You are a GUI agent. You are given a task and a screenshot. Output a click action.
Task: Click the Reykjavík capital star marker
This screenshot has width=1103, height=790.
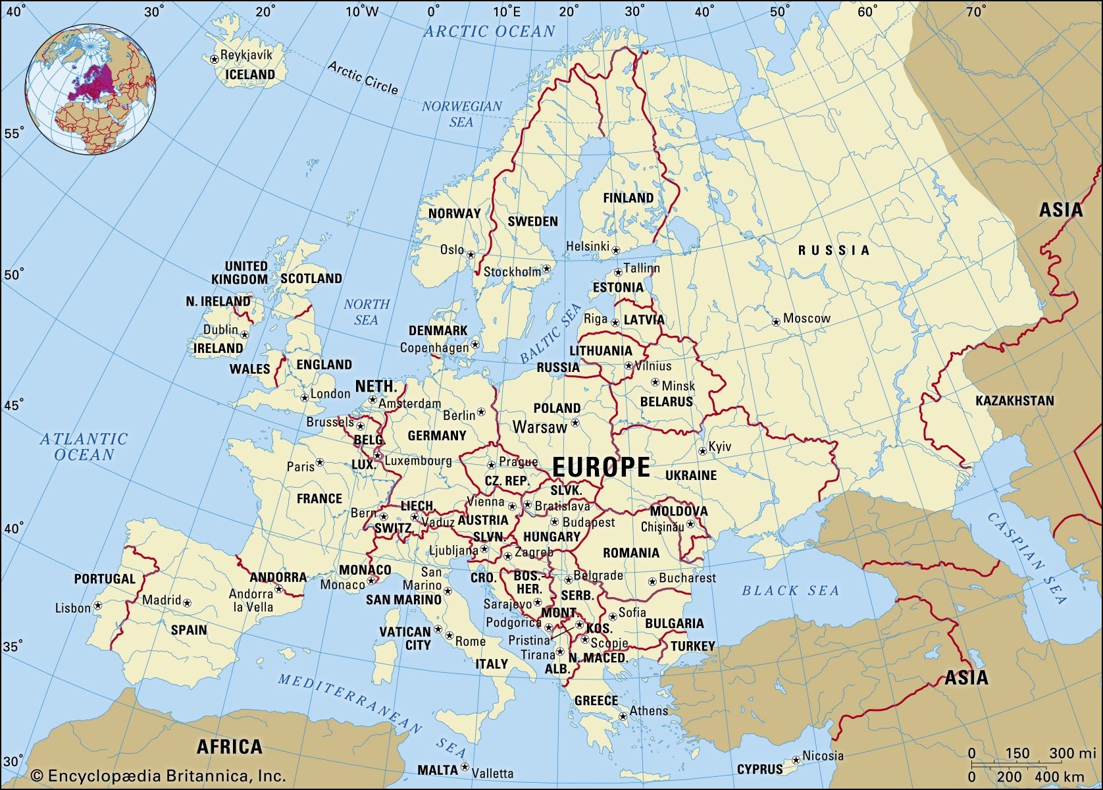[x=214, y=59]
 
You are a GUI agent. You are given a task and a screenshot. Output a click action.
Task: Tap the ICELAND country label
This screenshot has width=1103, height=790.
[x=250, y=74]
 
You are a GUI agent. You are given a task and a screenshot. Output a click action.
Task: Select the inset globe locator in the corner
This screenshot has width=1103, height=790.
[x=91, y=91]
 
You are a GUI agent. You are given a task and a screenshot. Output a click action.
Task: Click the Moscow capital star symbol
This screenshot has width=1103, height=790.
[x=777, y=322]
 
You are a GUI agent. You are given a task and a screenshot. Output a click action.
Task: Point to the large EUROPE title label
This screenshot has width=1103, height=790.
[x=601, y=467]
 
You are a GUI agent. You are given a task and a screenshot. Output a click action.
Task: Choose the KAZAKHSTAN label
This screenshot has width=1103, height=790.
[x=1014, y=400]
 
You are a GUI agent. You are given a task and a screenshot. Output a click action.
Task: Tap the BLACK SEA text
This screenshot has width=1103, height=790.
[x=790, y=591]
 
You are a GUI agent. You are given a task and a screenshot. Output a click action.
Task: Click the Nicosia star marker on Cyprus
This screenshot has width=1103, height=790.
[x=796, y=759]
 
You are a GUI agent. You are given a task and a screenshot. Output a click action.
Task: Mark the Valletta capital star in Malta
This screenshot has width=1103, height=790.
[x=465, y=767]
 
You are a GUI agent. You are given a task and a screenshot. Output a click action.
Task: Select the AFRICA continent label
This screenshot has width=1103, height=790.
[x=229, y=747]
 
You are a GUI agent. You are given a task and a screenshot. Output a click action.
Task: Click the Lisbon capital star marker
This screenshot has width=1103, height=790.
[x=98, y=605]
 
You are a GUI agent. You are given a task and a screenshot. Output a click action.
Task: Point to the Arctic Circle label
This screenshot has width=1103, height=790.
[x=363, y=78]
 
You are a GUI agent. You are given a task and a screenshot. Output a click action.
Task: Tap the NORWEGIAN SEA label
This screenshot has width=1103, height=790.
[x=461, y=114]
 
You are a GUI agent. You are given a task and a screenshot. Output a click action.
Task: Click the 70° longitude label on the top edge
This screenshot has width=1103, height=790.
[x=975, y=11]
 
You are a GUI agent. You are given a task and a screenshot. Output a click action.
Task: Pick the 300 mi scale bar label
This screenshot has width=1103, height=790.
[x=1072, y=753]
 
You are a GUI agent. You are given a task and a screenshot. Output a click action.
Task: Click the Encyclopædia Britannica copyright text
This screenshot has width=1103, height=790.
[x=158, y=776]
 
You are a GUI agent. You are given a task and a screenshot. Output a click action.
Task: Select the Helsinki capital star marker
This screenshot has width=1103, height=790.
[x=616, y=250]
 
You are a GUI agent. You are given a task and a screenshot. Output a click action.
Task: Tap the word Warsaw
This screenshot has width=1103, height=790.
[x=540, y=427]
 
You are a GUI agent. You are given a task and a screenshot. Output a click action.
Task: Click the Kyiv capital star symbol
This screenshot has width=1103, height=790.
[x=703, y=451]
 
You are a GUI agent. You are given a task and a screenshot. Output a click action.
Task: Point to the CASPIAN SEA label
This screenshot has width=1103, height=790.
[x=1027, y=558]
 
